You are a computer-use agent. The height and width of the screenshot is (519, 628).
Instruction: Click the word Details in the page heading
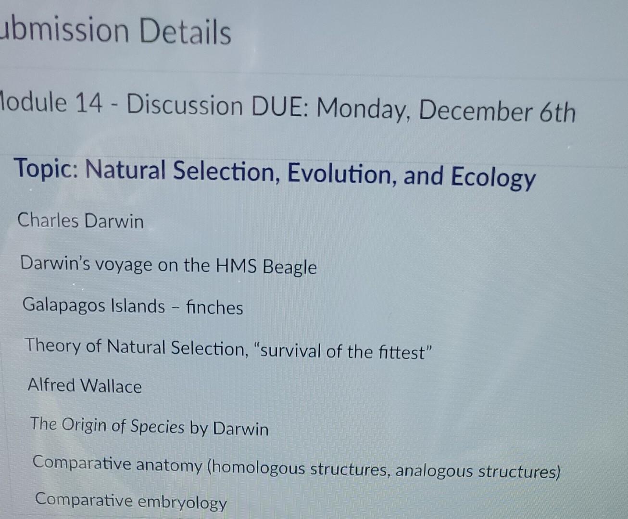pyautogui.click(x=185, y=32)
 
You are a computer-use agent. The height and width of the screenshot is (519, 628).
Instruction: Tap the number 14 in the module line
pyautogui.click(x=89, y=102)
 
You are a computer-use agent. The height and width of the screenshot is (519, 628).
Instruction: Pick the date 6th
pyautogui.click(x=557, y=112)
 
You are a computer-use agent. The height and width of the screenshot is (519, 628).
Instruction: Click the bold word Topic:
pyautogui.click(x=46, y=169)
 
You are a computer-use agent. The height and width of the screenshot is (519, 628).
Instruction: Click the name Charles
pyautogui.click(x=48, y=220)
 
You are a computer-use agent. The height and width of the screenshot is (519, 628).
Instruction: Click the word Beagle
pyautogui.click(x=289, y=267)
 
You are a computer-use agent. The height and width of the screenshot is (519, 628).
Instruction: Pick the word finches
pyautogui.click(x=214, y=307)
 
